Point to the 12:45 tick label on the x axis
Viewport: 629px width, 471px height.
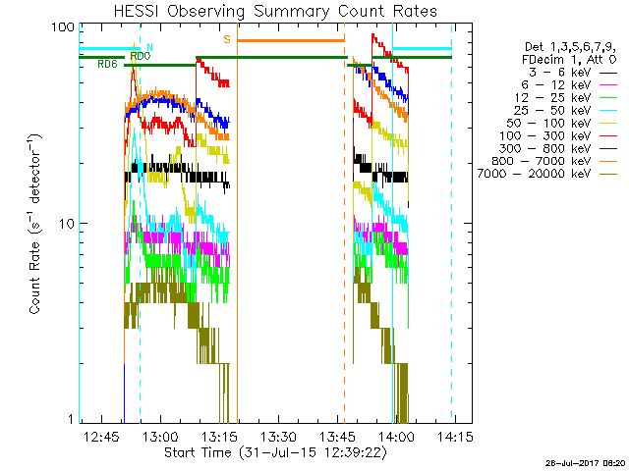click(x=102, y=436)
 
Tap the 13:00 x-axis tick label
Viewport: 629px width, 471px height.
click(x=161, y=436)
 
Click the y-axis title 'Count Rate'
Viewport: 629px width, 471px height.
click(x=35, y=224)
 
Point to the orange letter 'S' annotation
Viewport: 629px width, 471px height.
click(x=226, y=39)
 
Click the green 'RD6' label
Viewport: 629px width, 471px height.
click(x=108, y=64)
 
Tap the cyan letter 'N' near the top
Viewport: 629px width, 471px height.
click(x=149, y=46)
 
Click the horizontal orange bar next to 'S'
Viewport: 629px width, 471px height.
click(x=291, y=40)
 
